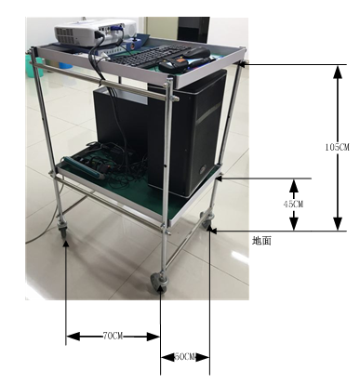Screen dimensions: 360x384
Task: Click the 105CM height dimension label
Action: pyautogui.click(x=337, y=147)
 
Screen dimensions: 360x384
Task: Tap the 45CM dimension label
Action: pyautogui.click(x=293, y=204)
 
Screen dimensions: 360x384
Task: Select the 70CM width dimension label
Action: pyautogui.click(x=113, y=336)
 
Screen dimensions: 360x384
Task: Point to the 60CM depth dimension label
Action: pyautogui.click(x=185, y=357)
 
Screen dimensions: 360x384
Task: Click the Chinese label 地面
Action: pyautogui.click(x=261, y=241)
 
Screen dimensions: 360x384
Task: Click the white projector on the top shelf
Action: pyautogui.click(x=96, y=32)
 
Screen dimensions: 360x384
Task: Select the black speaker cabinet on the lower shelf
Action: pyautogui.click(x=187, y=133)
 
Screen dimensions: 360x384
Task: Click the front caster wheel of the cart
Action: pyautogui.click(x=159, y=281)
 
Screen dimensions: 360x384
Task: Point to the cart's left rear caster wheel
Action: pyautogui.click(x=62, y=230)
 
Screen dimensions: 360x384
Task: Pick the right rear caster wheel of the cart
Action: pyautogui.click(x=206, y=219)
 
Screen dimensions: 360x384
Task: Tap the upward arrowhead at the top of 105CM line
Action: pyautogui.click(x=338, y=72)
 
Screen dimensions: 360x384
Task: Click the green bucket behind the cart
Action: pyautogui.click(x=34, y=67)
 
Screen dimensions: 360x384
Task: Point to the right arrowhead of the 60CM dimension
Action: pyautogui.click(x=203, y=357)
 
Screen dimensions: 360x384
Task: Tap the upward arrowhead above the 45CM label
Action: pyautogui.click(x=294, y=185)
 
